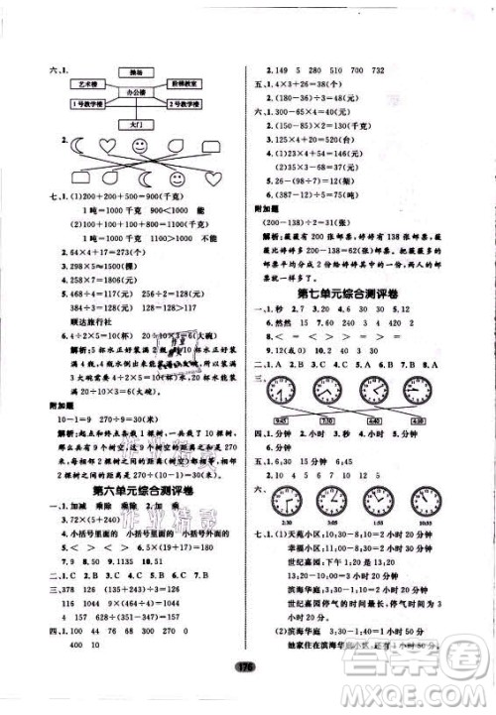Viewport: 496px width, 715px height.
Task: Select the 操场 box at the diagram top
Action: click(x=128, y=71)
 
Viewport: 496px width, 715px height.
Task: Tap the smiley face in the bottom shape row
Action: click(x=177, y=179)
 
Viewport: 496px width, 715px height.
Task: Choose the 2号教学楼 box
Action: click(x=184, y=103)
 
